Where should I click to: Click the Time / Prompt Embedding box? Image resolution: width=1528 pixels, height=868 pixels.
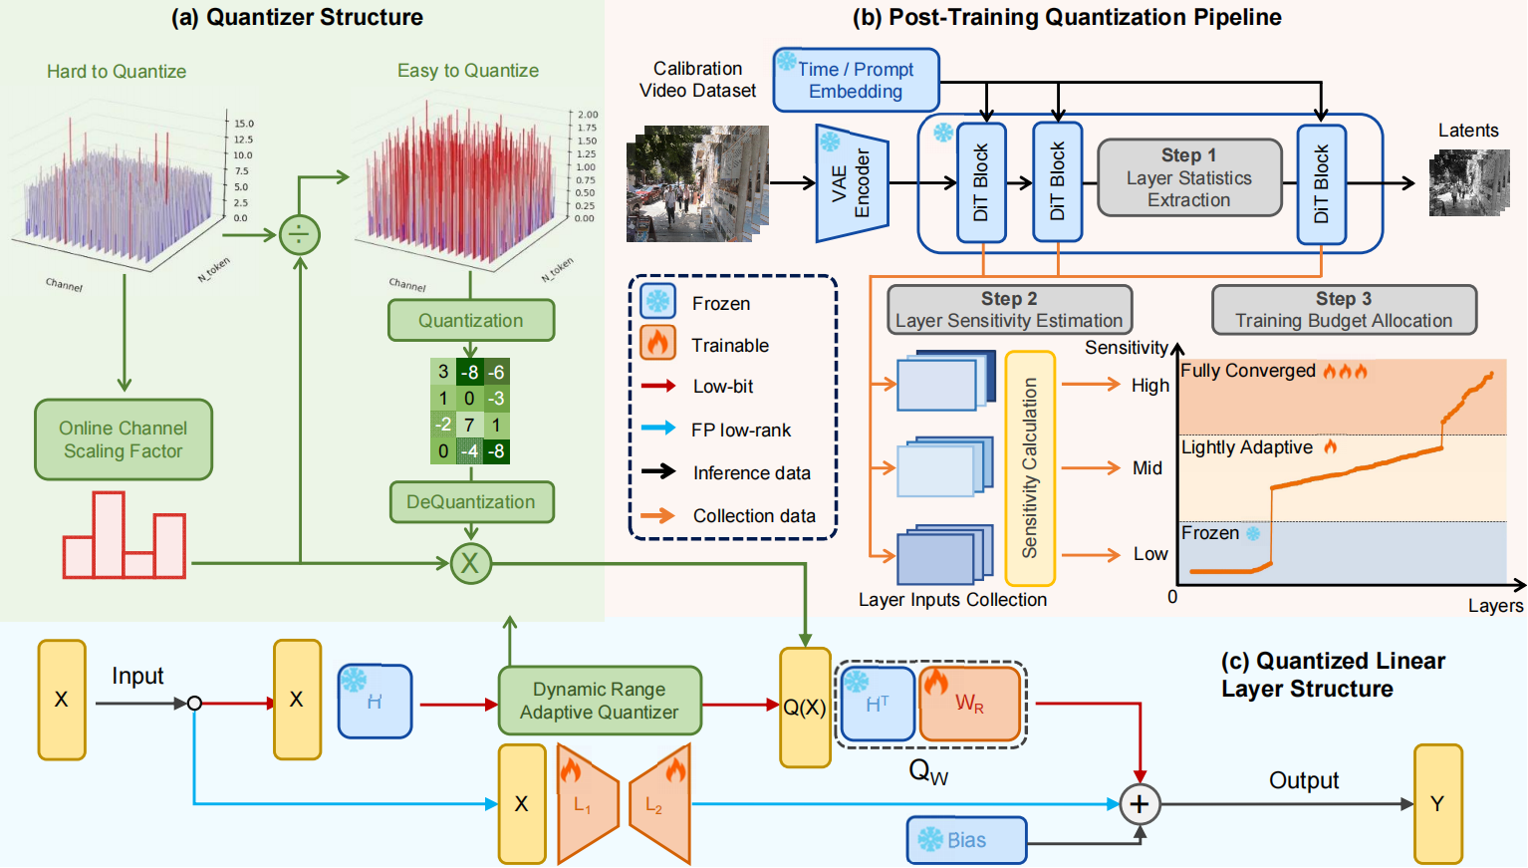tap(856, 80)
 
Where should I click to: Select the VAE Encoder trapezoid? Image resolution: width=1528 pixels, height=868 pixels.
tap(851, 183)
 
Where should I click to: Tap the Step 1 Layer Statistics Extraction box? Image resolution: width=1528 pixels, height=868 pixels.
tap(1188, 177)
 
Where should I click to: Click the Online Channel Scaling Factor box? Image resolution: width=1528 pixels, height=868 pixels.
tap(124, 439)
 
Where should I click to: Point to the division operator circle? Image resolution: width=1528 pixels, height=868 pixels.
tap(300, 235)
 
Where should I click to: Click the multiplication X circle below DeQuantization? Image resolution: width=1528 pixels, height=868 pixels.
tap(470, 563)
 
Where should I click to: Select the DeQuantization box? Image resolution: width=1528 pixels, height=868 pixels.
tap(470, 502)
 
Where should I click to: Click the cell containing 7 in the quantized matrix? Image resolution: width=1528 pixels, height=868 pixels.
tap(469, 425)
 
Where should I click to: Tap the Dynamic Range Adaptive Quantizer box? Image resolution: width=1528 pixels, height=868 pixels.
tap(599, 701)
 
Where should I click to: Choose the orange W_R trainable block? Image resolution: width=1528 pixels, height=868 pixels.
tap(969, 704)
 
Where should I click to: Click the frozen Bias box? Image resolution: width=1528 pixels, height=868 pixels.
tap(965, 840)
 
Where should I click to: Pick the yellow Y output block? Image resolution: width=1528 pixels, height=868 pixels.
tap(1437, 803)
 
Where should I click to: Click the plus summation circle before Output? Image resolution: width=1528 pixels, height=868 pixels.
tap(1140, 803)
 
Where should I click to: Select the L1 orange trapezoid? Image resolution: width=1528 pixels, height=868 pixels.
tap(587, 803)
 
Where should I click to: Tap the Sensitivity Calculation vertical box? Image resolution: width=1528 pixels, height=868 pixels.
tap(1030, 468)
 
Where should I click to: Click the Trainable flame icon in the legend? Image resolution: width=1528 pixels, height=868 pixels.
tap(657, 344)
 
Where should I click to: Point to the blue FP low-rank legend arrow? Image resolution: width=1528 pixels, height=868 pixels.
tap(658, 429)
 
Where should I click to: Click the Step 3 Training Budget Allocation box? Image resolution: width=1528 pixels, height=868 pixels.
tap(1343, 310)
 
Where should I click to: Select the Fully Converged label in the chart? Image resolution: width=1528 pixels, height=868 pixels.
tap(1248, 371)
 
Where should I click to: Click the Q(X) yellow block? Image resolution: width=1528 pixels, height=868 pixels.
tap(805, 708)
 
